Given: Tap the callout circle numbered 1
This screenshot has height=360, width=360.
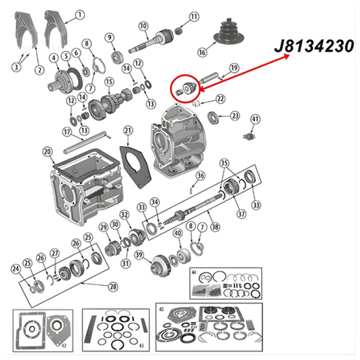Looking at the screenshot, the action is (x=80, y=15).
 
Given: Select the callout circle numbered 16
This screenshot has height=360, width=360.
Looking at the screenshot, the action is (x=202, y=52).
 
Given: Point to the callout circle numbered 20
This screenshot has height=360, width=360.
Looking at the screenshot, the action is (x=48, y=152).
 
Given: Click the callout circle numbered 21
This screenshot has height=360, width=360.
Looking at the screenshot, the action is (x=128, y=130).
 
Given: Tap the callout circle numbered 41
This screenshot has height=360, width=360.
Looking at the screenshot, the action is (x=255, y=119).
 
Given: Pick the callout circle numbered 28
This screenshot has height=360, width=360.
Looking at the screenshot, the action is (x=113, y=287).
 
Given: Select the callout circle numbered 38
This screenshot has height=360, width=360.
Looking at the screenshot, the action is (x=215, y=227).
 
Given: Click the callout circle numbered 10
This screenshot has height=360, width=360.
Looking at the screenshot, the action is (x=143, y=26).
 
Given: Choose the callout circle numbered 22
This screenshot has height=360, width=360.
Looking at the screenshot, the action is (x=220, y=99).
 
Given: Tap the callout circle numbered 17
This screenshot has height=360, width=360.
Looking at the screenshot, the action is (x=67, y=132).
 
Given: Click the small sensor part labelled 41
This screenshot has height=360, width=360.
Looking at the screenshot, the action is (x=249, y=137).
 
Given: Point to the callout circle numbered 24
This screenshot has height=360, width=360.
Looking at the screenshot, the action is (x=16, y=269).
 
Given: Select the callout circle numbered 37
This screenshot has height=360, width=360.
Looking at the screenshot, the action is (x=241, y=214).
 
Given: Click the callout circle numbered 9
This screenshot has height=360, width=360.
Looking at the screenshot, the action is (x=110, y=38).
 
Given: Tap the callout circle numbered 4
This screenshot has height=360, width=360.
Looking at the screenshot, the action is (x=54, y=58).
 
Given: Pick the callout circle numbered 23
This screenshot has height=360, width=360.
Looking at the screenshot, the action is (x=235, y=116).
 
